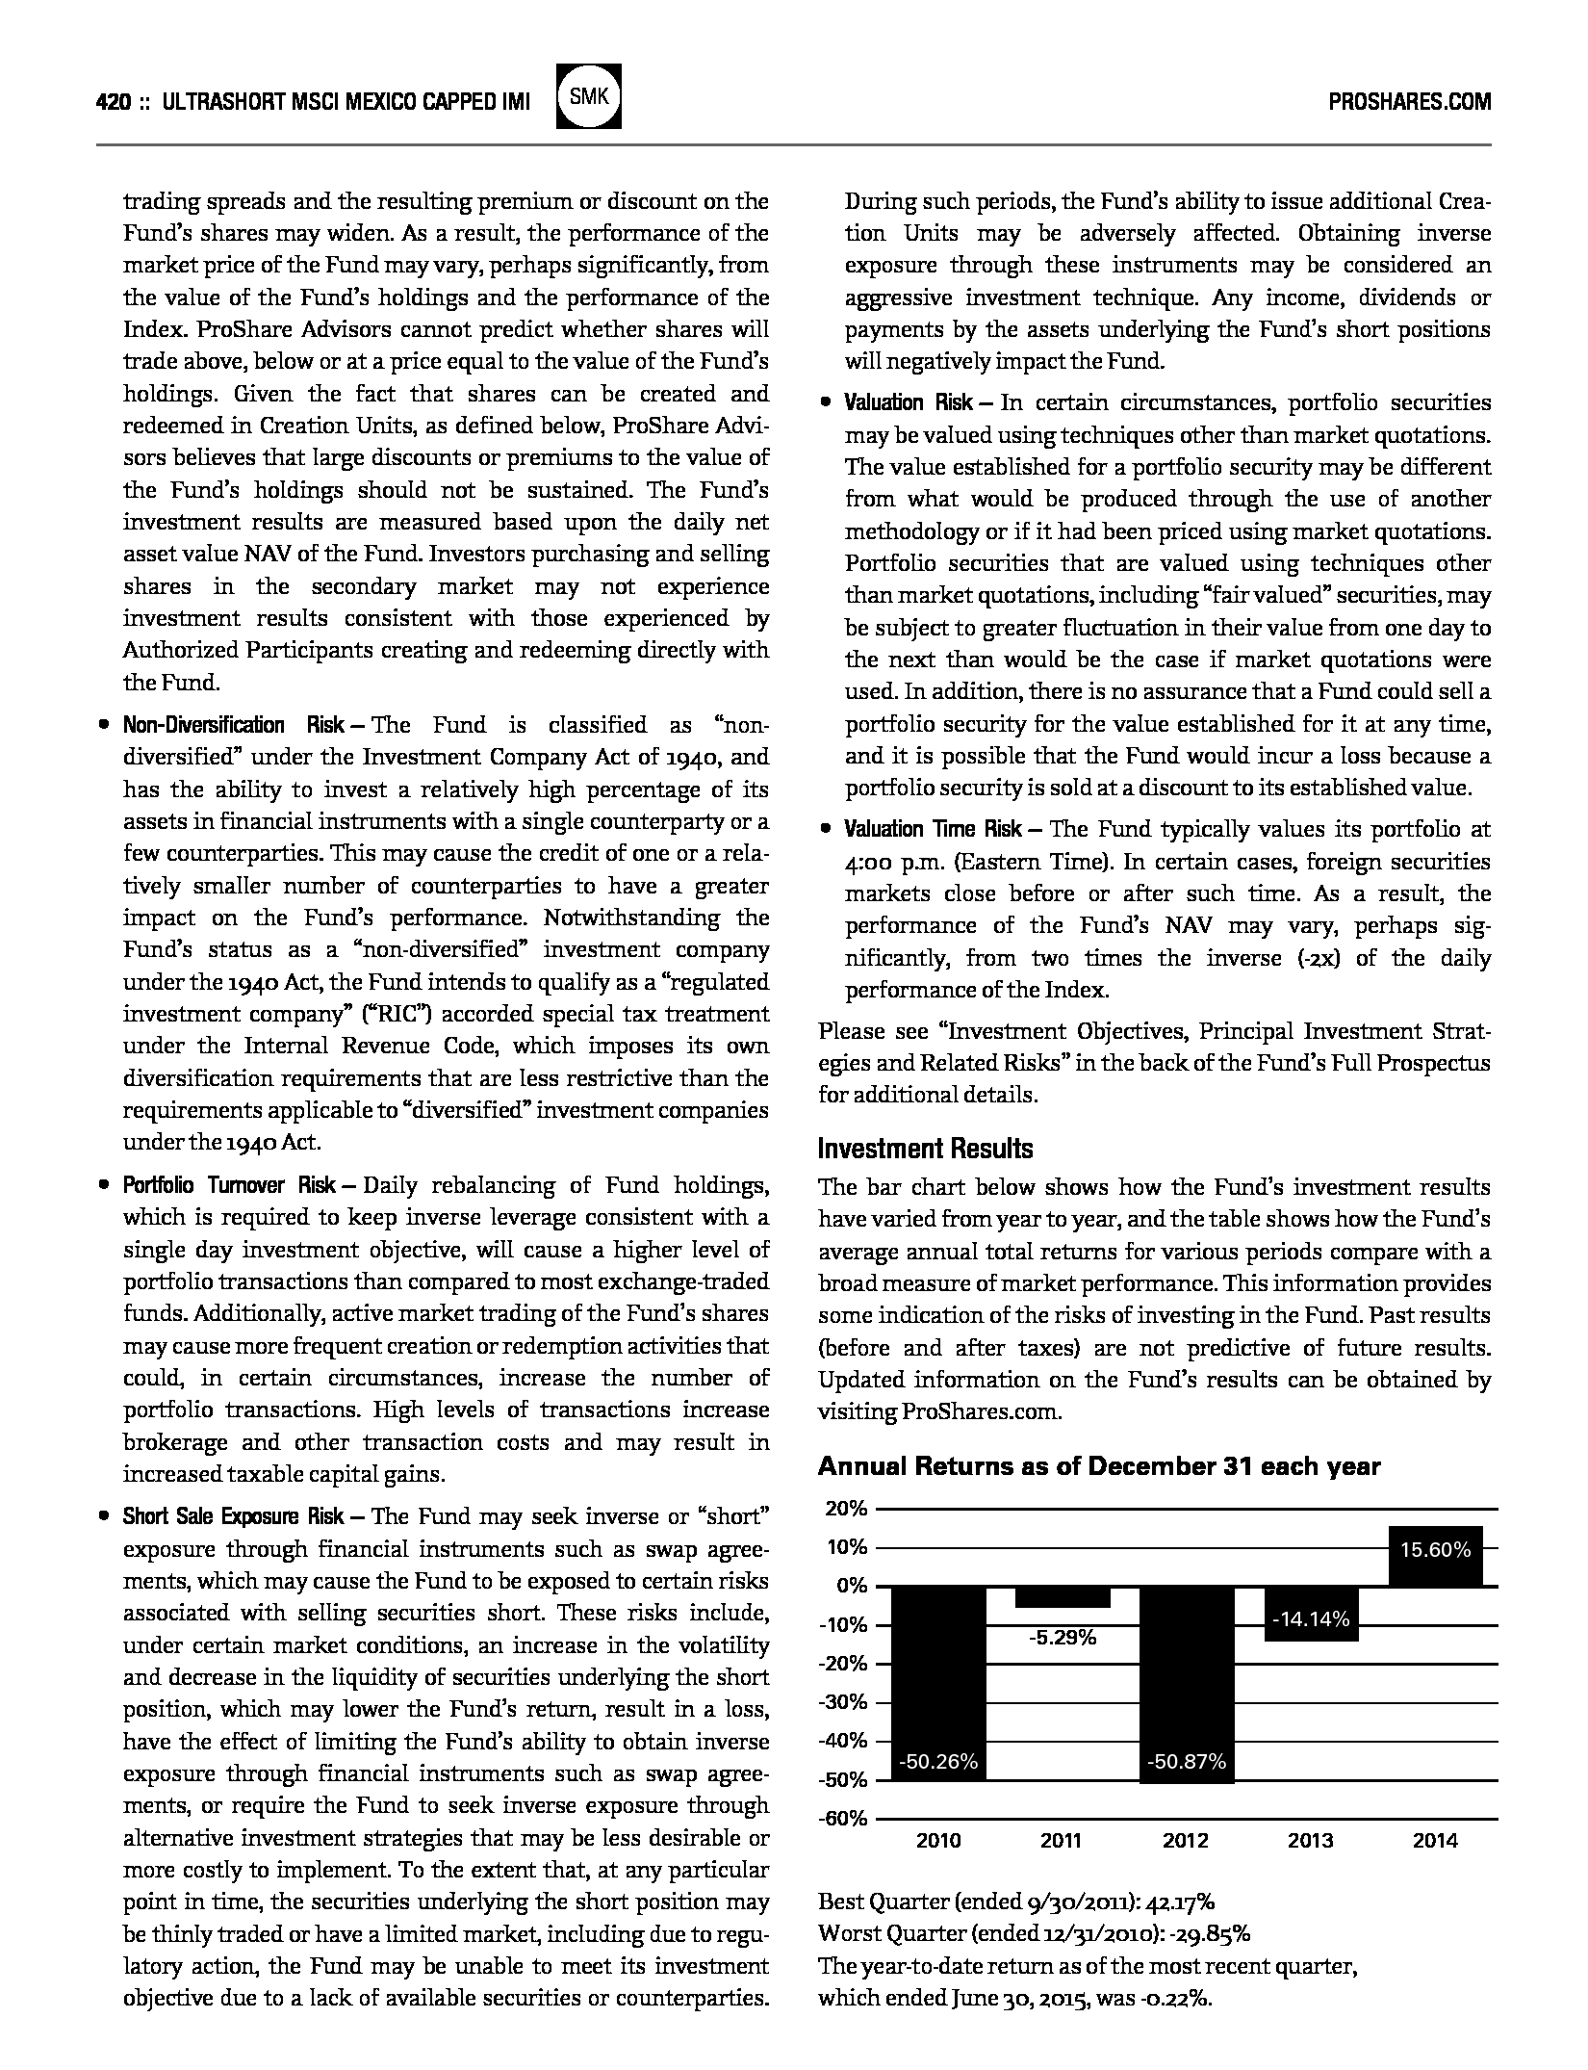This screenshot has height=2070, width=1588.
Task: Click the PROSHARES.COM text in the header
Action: point(1409,102)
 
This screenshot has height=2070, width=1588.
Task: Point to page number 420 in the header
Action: point(113,102)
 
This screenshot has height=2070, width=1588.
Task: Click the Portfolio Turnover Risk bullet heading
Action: point(228,1185)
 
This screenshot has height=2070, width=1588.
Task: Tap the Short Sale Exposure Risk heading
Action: point(232,1516)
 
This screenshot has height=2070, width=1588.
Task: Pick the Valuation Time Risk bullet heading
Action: point(933,829)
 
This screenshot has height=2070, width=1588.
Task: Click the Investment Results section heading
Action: point(925,1149)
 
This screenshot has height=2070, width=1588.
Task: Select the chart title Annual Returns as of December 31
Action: point(1098,1466)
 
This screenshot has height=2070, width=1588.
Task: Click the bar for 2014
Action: point(1435,1556)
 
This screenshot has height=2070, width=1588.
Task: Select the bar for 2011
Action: point(1063,1597)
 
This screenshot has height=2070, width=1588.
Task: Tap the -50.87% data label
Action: point(1187,1762)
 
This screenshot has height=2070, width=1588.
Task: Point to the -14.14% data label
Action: point(1311,1619)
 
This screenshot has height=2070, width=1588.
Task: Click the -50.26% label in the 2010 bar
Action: point(938,1762)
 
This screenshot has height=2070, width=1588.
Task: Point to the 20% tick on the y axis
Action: point(846,1509)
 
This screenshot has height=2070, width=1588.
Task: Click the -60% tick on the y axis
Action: point(843,1819)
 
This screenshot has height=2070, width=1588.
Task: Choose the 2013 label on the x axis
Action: point(1311,1841)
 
